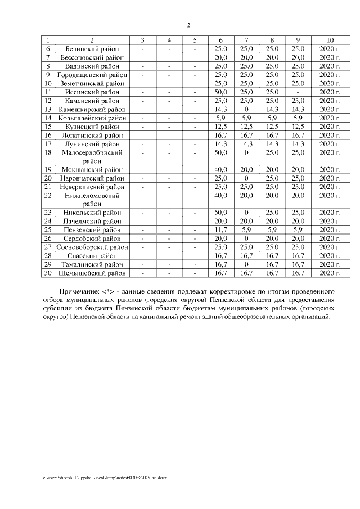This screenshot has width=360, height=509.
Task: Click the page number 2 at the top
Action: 188,25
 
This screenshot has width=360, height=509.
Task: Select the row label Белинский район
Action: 92,49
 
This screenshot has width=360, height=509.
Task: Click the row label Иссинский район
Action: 92,92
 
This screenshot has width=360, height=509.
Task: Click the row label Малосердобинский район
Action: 92,156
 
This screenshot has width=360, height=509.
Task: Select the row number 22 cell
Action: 48,195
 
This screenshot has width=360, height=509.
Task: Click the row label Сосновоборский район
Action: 92,247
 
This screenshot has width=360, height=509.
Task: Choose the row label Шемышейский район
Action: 92,273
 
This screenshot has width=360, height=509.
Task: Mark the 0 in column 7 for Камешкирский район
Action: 246,109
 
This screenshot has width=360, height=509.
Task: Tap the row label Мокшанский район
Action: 92,169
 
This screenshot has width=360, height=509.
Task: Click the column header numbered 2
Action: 92,40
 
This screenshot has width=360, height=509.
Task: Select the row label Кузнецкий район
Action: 92,127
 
